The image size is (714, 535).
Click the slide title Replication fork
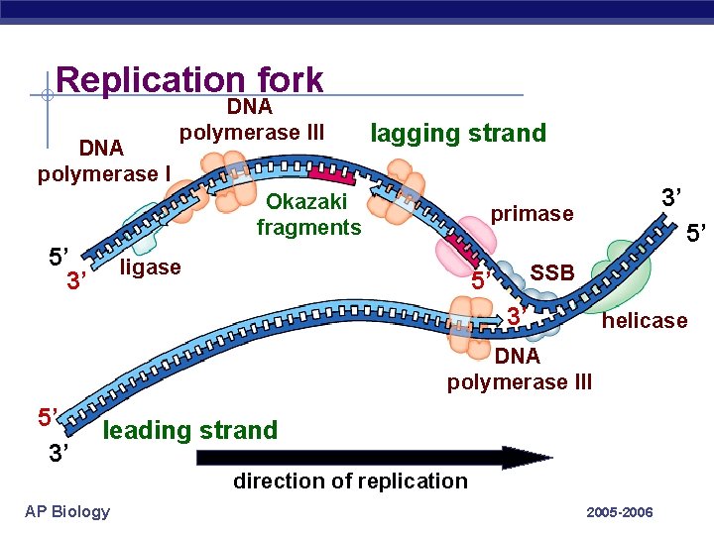coord(189,80)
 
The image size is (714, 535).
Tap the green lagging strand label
coord(457,134)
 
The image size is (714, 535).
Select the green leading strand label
coord(190,430)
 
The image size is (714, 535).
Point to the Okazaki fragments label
coord(308,215)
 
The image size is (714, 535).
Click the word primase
coord(533,214)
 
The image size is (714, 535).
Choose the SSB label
coord(552,272)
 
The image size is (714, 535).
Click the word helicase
coord(645,320)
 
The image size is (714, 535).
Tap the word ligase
coord(150,267)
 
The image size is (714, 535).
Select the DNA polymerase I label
coord(103,161)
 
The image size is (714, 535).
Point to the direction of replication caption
coord(349,481)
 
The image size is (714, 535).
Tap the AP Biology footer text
coord(66,511)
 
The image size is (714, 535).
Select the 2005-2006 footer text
coord(620,512)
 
